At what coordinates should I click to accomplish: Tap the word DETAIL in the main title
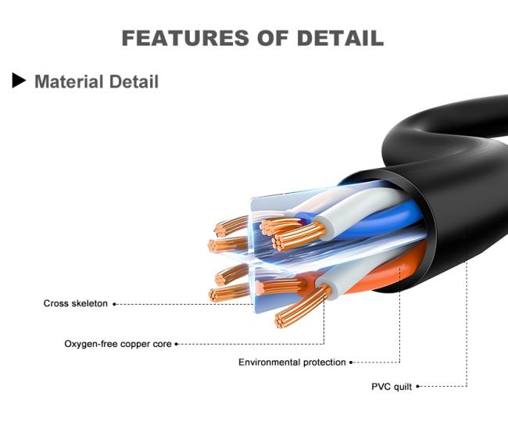(x=340, y=38)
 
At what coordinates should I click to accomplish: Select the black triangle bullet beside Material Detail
(x=19, y=80)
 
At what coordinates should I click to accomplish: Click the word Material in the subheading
(x=70, y=81)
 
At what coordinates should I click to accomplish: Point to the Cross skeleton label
(x=76, y=303)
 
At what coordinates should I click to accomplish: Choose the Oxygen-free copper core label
(x=118, y=344)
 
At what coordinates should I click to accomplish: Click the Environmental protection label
(x=292, y=362)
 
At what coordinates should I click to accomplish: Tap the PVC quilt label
(x=392, y=387)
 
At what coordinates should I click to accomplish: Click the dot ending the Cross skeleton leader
(x=114, y=304)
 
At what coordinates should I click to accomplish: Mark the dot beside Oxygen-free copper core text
(x=177, y=344)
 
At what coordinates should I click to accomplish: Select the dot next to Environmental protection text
(x=351, y=362)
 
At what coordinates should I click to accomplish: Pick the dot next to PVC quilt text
(x=417, y=387)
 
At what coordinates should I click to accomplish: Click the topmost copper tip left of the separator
(x=220, y=230)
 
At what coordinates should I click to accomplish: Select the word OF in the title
(x=273, y=38)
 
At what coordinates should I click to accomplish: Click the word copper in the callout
(x=137, y=345)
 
